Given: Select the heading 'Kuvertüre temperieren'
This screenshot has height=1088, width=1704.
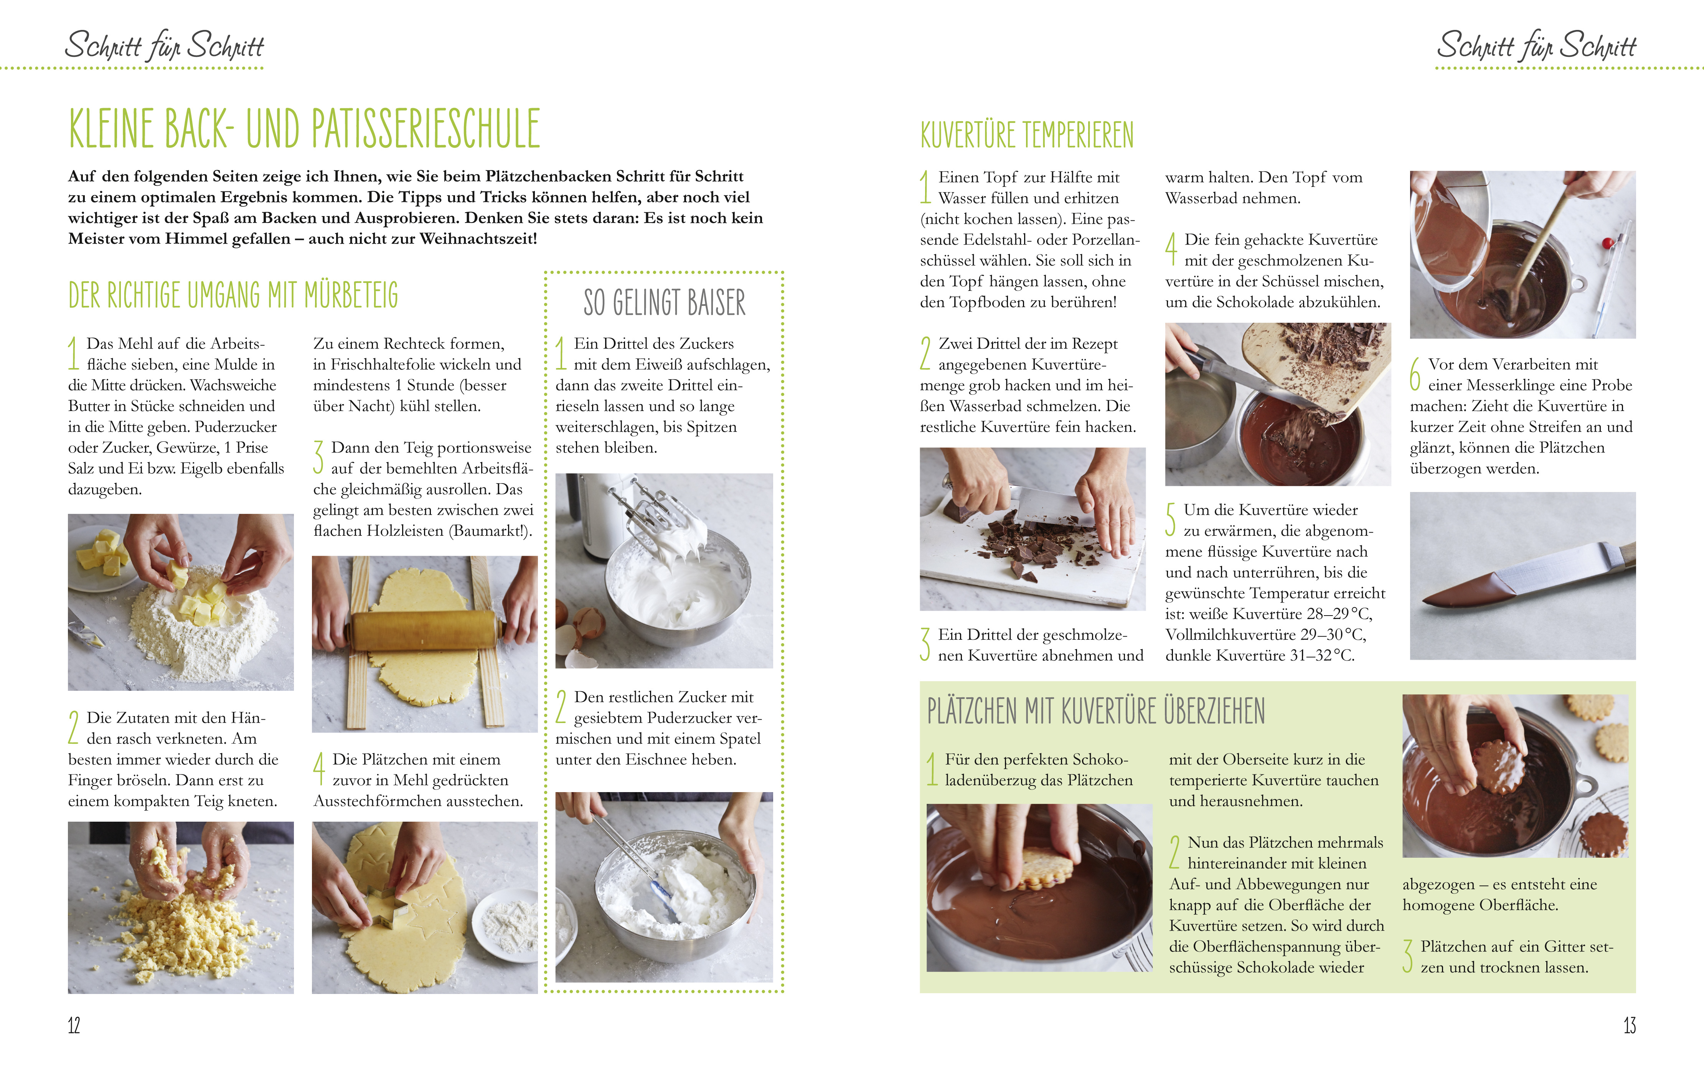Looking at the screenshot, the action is (x=1027, y=134).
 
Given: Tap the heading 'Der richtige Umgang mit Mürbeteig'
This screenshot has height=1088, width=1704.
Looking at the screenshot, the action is (x=234, y=295).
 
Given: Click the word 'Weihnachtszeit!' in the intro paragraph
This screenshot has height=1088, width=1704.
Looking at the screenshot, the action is (x=478, y=239).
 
